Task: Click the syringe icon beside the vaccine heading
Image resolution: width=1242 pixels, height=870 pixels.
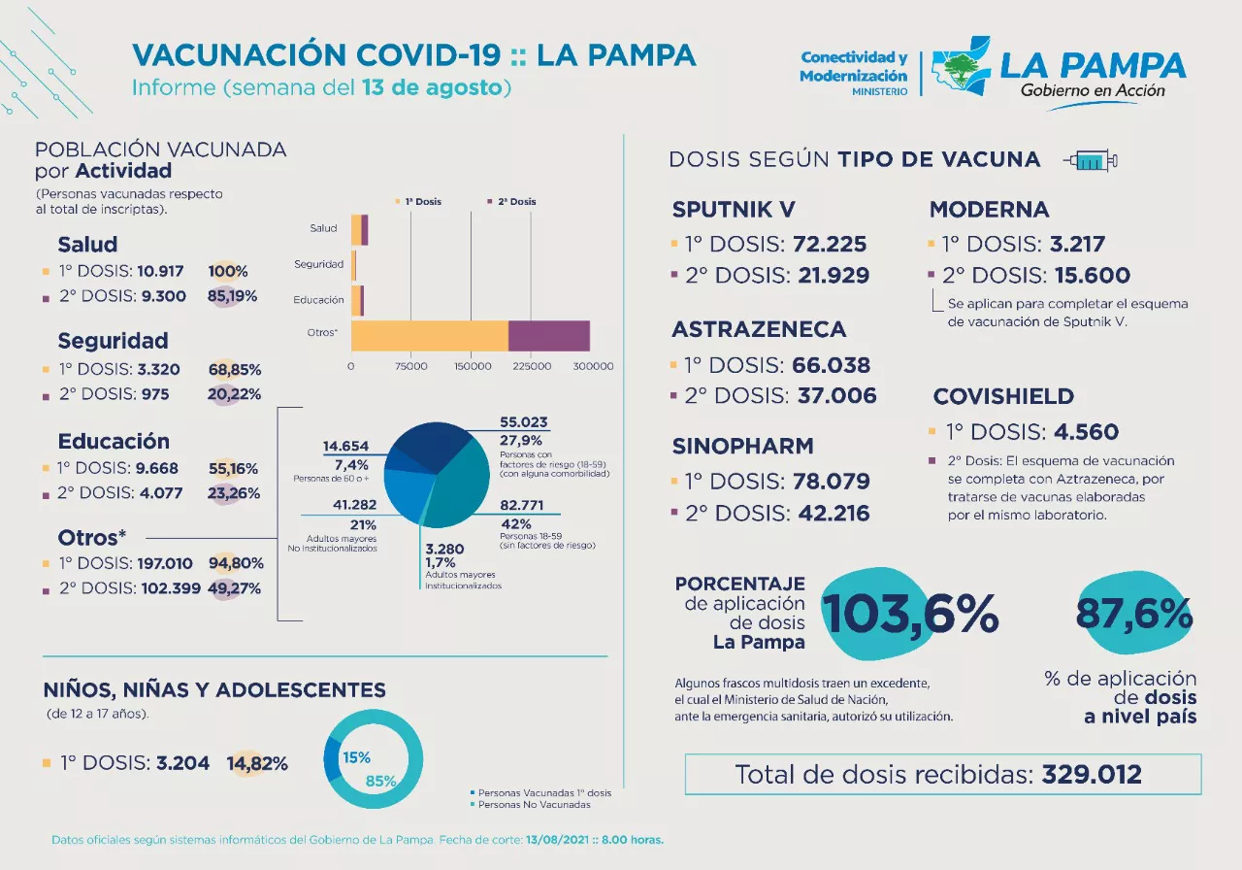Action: click(x=1090, y=160)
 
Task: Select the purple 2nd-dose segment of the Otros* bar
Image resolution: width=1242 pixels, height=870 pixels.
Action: click(x=548, y=335)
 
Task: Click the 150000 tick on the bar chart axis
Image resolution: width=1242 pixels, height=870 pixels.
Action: click(x=472, y=366)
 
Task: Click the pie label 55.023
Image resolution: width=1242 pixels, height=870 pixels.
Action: click(x=525, y=422)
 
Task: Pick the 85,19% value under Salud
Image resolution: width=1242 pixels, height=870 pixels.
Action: click(x=233, y=296)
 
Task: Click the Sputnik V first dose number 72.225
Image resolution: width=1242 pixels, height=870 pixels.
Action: click(x=830, y=245)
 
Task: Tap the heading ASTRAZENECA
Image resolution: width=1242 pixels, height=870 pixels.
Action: click(x=759, y=329)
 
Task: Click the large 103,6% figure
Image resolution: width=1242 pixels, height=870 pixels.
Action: click(x=910, y=615)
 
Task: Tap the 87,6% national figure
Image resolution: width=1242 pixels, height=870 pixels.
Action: click(x=1133, y=614)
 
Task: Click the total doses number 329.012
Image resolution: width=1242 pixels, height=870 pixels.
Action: click(x=1092, y=775)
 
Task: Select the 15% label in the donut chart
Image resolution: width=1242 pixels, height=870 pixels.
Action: click(x=356, y=757)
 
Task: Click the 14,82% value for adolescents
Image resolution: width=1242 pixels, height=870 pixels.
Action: click(x=257, y=763)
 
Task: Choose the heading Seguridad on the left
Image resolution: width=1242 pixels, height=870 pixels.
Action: click(x=113, y=341)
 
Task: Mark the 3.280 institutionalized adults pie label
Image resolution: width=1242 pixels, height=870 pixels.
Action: click(x=444, y=549)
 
